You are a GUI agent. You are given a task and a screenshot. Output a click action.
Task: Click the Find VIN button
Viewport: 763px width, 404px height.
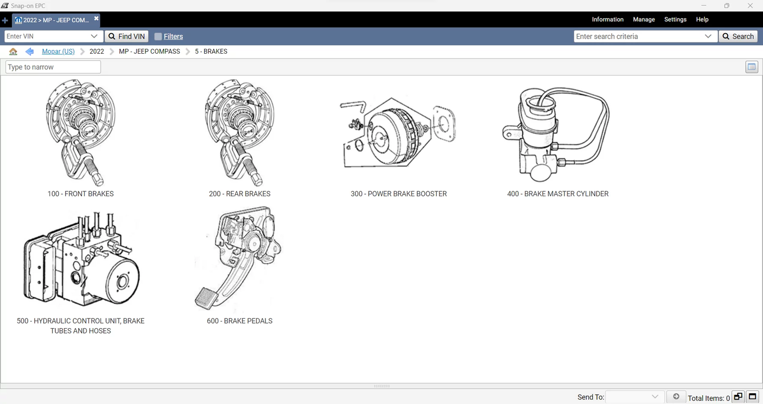(x=126, y=36)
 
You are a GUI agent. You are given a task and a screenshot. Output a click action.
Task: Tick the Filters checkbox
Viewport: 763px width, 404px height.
(x=158, y=36)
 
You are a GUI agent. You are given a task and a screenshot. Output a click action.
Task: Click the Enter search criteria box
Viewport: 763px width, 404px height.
(x=638, y=36)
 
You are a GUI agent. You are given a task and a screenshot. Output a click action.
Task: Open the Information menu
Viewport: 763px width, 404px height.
(x=607, y=20)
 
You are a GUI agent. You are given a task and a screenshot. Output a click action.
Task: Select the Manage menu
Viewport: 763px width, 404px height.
(x=644, y=20)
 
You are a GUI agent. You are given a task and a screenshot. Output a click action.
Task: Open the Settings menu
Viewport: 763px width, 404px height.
(x=675, y=20)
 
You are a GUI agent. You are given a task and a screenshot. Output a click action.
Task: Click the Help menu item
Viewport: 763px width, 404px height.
(x=702, y=20)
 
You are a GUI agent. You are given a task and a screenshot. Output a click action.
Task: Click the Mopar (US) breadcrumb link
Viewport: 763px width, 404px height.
(x=58, y=52)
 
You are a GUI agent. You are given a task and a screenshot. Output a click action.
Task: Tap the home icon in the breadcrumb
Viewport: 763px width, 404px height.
(x=13, y=52)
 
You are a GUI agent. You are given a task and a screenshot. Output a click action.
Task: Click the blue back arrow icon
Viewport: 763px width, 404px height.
(x=29, y=52)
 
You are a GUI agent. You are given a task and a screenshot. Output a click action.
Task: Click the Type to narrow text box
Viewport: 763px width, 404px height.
(x=53, y=67)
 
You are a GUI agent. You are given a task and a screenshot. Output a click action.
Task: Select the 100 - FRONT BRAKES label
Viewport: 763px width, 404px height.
(x=80, y=194)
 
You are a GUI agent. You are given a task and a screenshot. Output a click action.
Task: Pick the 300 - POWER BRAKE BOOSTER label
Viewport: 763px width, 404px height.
(x=398, y=194)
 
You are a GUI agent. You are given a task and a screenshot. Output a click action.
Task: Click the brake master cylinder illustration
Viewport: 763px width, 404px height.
(x=557, y=134)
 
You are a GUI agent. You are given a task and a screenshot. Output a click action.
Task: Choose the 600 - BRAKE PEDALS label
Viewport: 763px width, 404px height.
(x=239, y=321)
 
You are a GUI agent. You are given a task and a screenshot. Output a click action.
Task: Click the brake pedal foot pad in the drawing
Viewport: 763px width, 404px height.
(x=206, y=298)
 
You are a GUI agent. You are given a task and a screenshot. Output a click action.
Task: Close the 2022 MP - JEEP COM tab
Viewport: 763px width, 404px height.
(x=96, y=18)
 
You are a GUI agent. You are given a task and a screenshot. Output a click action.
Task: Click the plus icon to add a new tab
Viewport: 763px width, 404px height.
(x=5, y=20)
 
